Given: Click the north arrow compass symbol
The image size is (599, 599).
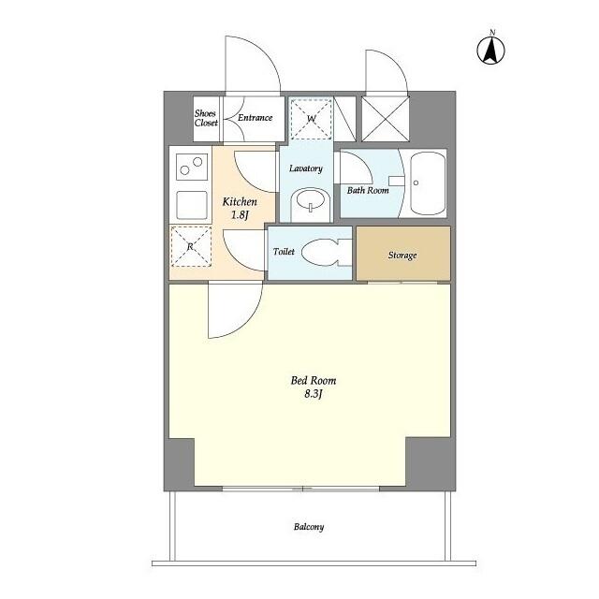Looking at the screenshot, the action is click(x=490, y=50).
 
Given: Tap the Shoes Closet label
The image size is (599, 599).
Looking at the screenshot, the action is click(x=206, y=118).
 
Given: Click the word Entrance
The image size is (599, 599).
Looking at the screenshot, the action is click(x=256, y=118).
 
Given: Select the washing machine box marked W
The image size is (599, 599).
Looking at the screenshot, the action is click(x=311, y=119).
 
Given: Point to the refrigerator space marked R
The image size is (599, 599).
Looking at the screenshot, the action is click(x=191, y=246).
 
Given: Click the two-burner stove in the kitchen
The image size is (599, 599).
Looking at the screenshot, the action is click(x=192, y=167).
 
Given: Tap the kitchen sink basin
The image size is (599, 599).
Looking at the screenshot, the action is click(x=192, y=205).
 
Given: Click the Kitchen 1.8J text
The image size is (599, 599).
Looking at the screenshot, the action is click(x=240, y=208).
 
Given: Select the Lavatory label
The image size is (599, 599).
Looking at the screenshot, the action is click(x=306, y=168).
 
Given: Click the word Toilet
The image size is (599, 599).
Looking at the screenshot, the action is click(x=284, y=252).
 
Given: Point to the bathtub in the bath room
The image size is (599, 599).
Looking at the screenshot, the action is click(x=428, y=183).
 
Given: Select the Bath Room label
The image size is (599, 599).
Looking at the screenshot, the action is click(x=368, y=190).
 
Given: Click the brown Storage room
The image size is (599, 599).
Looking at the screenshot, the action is click(x=403, y=254).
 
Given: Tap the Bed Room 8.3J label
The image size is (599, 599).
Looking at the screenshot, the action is click(x=314, y=387).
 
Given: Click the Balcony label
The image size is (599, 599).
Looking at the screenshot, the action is click(x=309, y=527).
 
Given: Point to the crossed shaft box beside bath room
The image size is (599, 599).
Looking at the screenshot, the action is click(x=385, y=119).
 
